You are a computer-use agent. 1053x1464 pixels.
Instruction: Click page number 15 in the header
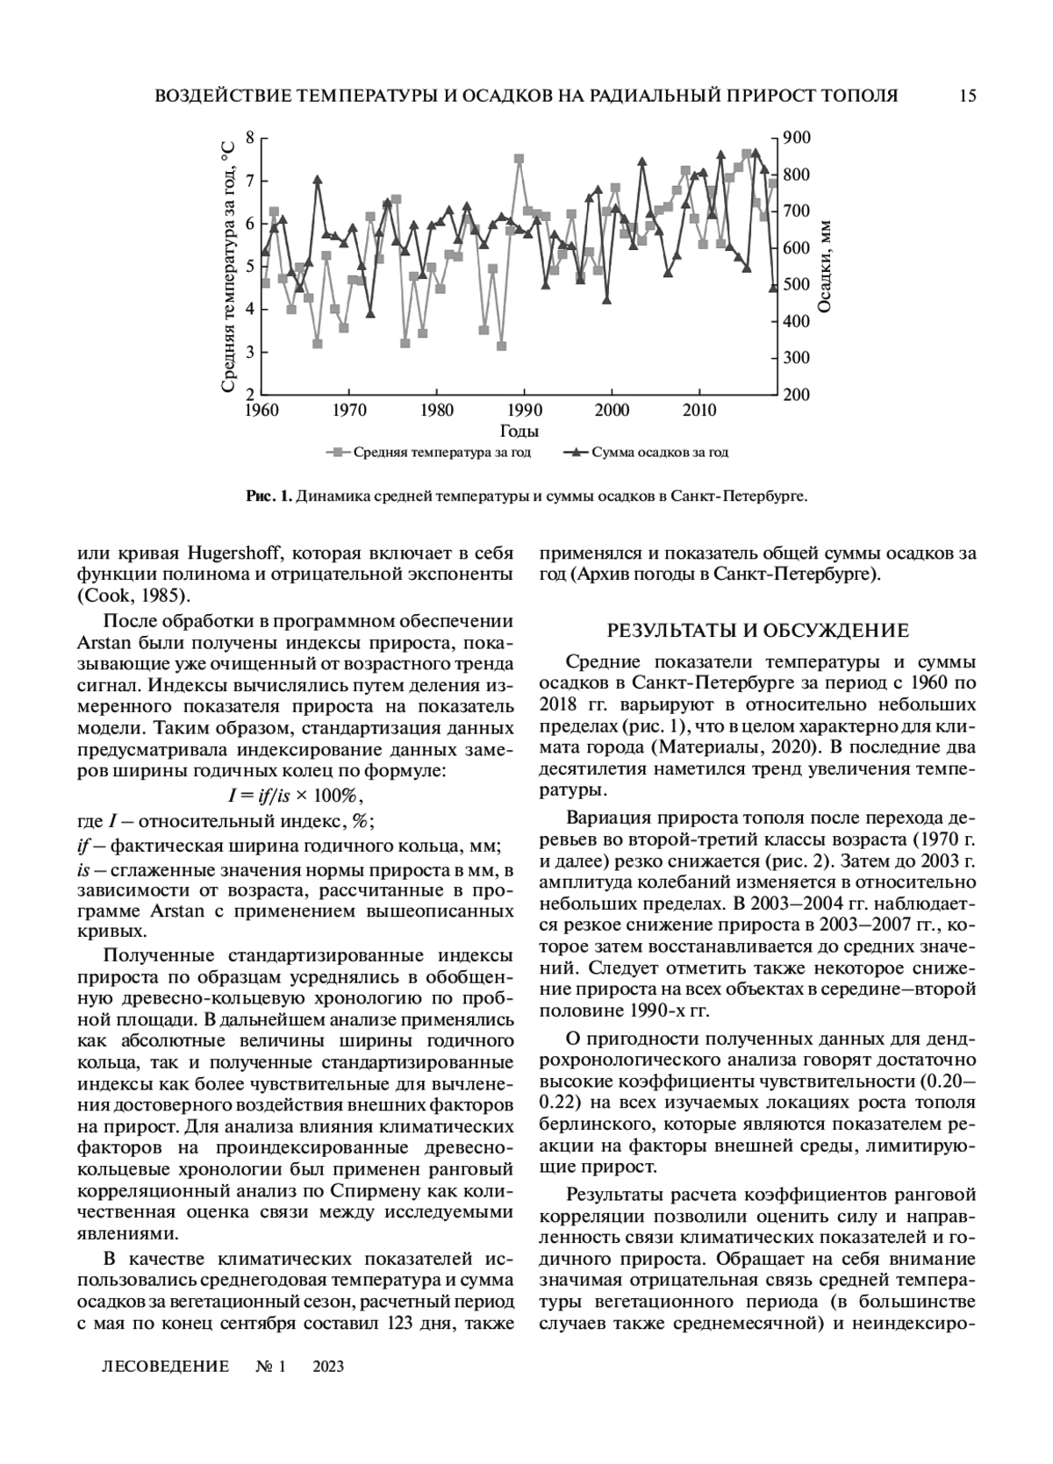(x=968, y=96)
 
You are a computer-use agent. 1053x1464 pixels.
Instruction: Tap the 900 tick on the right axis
(x=797, y=138)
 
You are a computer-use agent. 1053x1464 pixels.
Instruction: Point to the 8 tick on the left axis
(x=250, y=138)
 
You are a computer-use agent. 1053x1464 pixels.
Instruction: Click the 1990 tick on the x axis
(x=524, y=410)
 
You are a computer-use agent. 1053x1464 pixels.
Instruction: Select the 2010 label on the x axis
(x=699, y=410)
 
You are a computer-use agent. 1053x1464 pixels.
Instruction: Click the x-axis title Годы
(x=519, y=431)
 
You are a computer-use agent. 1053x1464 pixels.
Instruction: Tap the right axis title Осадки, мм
(x=825, y=266)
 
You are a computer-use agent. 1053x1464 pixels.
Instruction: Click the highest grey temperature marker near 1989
(x=519, y=159)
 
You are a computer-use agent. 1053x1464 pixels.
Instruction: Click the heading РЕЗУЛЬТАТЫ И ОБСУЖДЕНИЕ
(x=758, y=631)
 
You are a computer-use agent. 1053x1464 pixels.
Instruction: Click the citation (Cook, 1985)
(x=133, y=596)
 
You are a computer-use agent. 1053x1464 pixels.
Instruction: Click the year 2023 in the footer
(x=327, y=1367)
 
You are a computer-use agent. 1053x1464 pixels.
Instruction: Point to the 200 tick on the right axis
(x=797, y=395)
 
